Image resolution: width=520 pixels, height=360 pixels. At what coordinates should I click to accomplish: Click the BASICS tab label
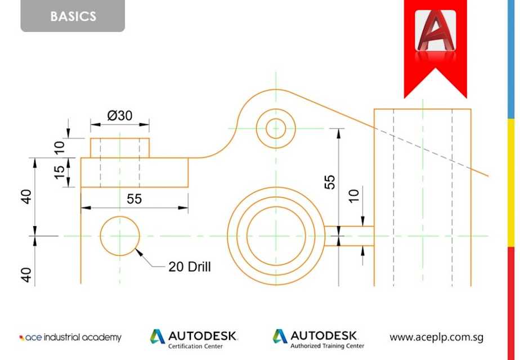[73, 16]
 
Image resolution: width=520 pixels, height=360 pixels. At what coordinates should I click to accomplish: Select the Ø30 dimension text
[119, 116]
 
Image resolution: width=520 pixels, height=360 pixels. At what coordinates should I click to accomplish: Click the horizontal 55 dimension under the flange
[134, 199]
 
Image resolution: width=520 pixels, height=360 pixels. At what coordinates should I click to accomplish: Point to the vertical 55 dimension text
[330, 181]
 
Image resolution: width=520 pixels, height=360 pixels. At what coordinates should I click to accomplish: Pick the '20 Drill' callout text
[190, 267]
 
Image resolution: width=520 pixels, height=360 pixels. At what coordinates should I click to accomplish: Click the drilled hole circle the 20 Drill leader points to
[120, 235]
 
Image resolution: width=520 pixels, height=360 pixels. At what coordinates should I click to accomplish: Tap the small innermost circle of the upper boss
[276, 128]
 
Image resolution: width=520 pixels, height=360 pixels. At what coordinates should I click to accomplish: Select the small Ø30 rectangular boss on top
[120, 147]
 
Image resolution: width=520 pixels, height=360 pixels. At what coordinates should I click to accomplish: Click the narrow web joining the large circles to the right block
[349, 236]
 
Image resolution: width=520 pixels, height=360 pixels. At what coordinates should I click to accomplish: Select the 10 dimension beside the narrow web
[353, 195]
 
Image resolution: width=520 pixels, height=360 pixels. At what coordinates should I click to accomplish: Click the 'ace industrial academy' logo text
[70, 337]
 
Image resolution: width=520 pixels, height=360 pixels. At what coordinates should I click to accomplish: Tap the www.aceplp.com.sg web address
[436, 337]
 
